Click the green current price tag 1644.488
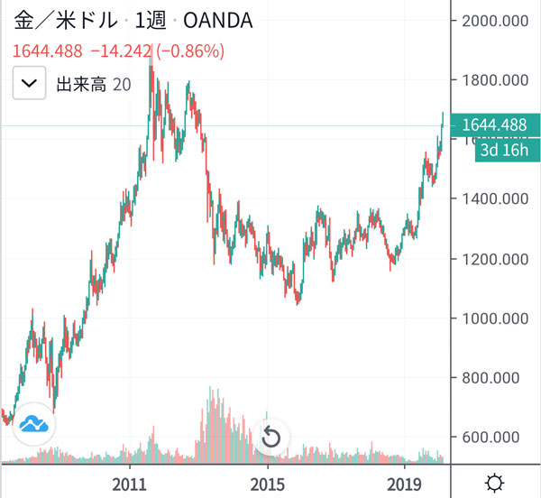click(x=494, y=125)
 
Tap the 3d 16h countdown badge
click(x=502, y=149)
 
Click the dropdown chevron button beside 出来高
click(x=30, y=84)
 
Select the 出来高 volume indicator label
click(x=82, y=85)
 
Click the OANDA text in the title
click(x=214, y=20)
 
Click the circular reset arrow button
click(x=271, y=438)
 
